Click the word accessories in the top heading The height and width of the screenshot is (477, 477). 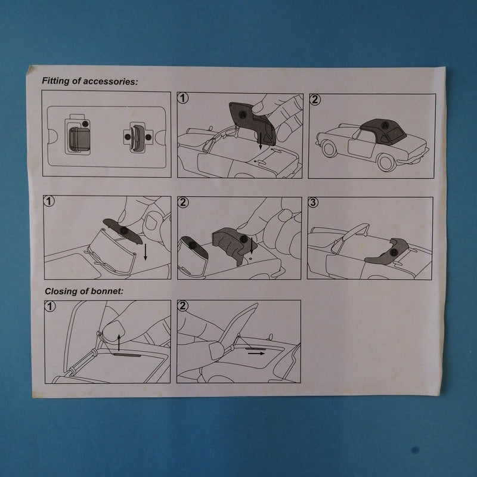tap(110, 82)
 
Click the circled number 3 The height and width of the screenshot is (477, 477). tap(313, 202)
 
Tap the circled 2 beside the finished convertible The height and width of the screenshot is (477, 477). tap(315, 100)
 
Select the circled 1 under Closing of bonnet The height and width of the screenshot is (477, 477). tap(50, 306)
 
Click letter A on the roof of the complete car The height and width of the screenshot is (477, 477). tap(385, 125)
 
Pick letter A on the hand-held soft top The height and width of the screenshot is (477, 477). tap(243, 114)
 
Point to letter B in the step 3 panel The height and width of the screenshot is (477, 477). tap(394, 252)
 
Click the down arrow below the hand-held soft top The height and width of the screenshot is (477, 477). tap(260, 141)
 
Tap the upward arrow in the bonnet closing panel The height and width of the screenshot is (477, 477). tap(119, 342)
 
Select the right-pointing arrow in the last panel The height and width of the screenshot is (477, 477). tap(256, 354)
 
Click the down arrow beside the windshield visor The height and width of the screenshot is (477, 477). tap(145, 252)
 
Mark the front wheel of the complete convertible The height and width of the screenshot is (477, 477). tap(329, 149)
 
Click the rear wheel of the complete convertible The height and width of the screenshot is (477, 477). tap(386, 162)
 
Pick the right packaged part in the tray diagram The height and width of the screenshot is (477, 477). tap(138, 138)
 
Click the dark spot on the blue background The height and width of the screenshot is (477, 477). tap(415, 450)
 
